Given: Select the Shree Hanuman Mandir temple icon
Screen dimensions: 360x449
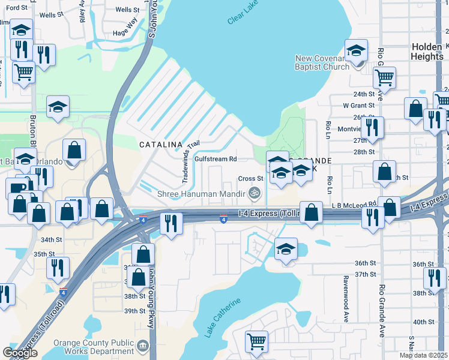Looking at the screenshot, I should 255,193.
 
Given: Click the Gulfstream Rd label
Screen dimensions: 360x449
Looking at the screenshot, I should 215,159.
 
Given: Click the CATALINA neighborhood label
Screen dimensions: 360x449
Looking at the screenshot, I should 160,145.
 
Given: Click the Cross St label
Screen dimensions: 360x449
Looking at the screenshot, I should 250,178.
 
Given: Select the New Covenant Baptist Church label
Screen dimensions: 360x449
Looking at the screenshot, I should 322,62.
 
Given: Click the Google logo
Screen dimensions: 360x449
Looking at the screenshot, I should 20,352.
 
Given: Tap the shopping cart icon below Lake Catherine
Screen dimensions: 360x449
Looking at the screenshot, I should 256,341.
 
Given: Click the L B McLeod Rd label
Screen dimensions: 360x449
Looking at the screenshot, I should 354,205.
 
